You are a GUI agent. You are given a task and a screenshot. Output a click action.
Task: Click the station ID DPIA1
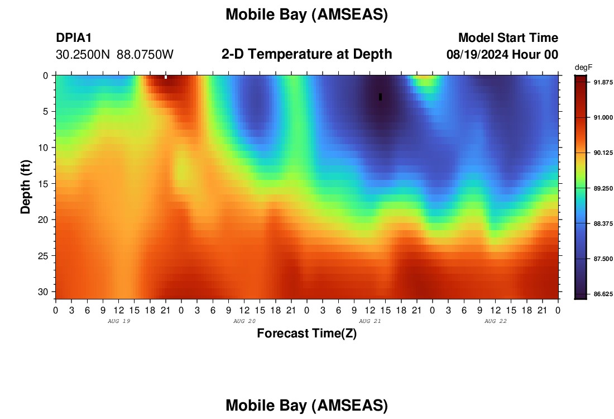point(74,37)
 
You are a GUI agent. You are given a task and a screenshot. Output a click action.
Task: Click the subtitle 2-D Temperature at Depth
point(306,54)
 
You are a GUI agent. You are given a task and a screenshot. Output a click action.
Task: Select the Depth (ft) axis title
point(26,187)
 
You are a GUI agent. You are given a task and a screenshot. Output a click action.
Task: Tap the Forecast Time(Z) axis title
point(306,333)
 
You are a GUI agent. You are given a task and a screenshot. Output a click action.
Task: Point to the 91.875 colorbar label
point(603,82)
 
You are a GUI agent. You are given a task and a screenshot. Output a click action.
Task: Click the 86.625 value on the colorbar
point(603,294)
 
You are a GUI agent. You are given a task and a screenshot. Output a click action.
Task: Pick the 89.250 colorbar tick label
point(603,188)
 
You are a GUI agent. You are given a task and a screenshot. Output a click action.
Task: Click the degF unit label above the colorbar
point(583,68)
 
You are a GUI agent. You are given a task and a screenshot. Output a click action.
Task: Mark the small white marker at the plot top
point(166,77)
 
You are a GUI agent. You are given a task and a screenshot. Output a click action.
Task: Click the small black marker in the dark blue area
point(380,97)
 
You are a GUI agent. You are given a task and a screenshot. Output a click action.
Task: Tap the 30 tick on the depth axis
point(43,292)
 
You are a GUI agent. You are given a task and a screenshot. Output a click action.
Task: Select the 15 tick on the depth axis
point(43,184)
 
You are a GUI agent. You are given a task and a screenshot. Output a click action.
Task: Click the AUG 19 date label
point(119,321)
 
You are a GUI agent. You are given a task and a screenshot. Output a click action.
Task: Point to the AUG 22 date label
point(495,321)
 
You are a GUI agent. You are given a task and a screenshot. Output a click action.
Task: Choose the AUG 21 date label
point(370,321)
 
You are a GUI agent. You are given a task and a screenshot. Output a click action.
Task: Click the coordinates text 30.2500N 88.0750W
point(114,55)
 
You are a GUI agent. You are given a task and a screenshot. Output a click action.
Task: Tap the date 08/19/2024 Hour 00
point(502,55)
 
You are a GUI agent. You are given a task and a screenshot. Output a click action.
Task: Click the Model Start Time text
point(509,37)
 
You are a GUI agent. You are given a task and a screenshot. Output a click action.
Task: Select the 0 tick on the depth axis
point(46,75)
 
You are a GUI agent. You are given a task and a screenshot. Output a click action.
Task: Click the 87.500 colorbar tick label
point(603,259)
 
